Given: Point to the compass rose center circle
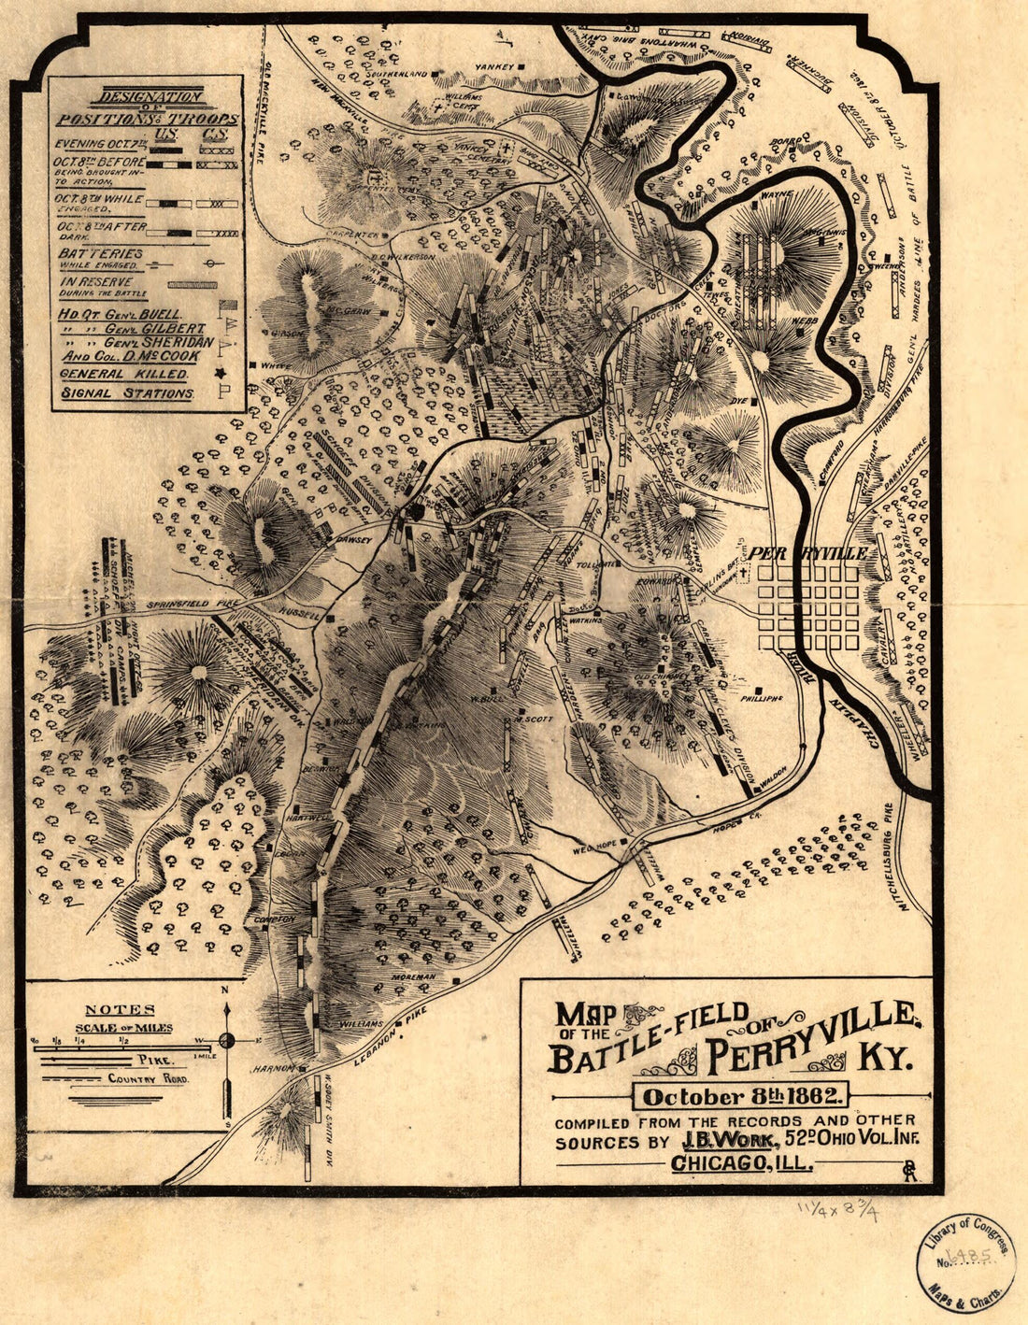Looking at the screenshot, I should pos(226,1040).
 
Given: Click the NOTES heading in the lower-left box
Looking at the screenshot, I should pos(120,1010).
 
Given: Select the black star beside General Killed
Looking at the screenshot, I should pos(221,374).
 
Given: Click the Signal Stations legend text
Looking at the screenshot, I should pos(126,393).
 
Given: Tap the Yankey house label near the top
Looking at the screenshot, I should pos(493,66).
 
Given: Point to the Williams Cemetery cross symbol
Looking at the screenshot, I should pos(438,109).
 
